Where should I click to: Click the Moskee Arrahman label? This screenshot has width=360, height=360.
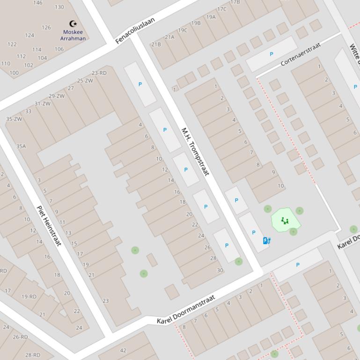click(x=73, y=35)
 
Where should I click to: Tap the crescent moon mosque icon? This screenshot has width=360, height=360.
click(x=73, y=23)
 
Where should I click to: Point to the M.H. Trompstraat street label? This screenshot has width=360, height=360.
click(x=194, y=151)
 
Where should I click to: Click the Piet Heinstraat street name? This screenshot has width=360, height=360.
click(x=49, y=226)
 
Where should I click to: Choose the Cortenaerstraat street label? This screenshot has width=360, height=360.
click(x=301, y=54)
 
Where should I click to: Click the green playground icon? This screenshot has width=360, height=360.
click(x=285, y=221)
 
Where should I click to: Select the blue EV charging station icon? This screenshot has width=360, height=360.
click(x=266, y=241)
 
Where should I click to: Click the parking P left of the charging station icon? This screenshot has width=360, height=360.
click(x=254, y=232)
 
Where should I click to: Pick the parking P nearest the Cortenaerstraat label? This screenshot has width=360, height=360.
click(x=271, y=54)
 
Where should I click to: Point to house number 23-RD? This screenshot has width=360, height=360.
click(x=99, y=73)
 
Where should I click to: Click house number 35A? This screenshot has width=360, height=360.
click(x=21, y=146)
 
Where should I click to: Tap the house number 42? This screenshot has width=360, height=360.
click(x=123, y=350)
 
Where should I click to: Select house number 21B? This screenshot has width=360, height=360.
click(x=156, y=44)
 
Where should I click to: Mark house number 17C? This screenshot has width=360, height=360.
click(x=221, y=9)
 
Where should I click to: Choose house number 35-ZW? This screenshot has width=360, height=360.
click(x=14, y=119)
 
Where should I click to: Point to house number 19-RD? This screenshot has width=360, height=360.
click(x=29, y=296)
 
